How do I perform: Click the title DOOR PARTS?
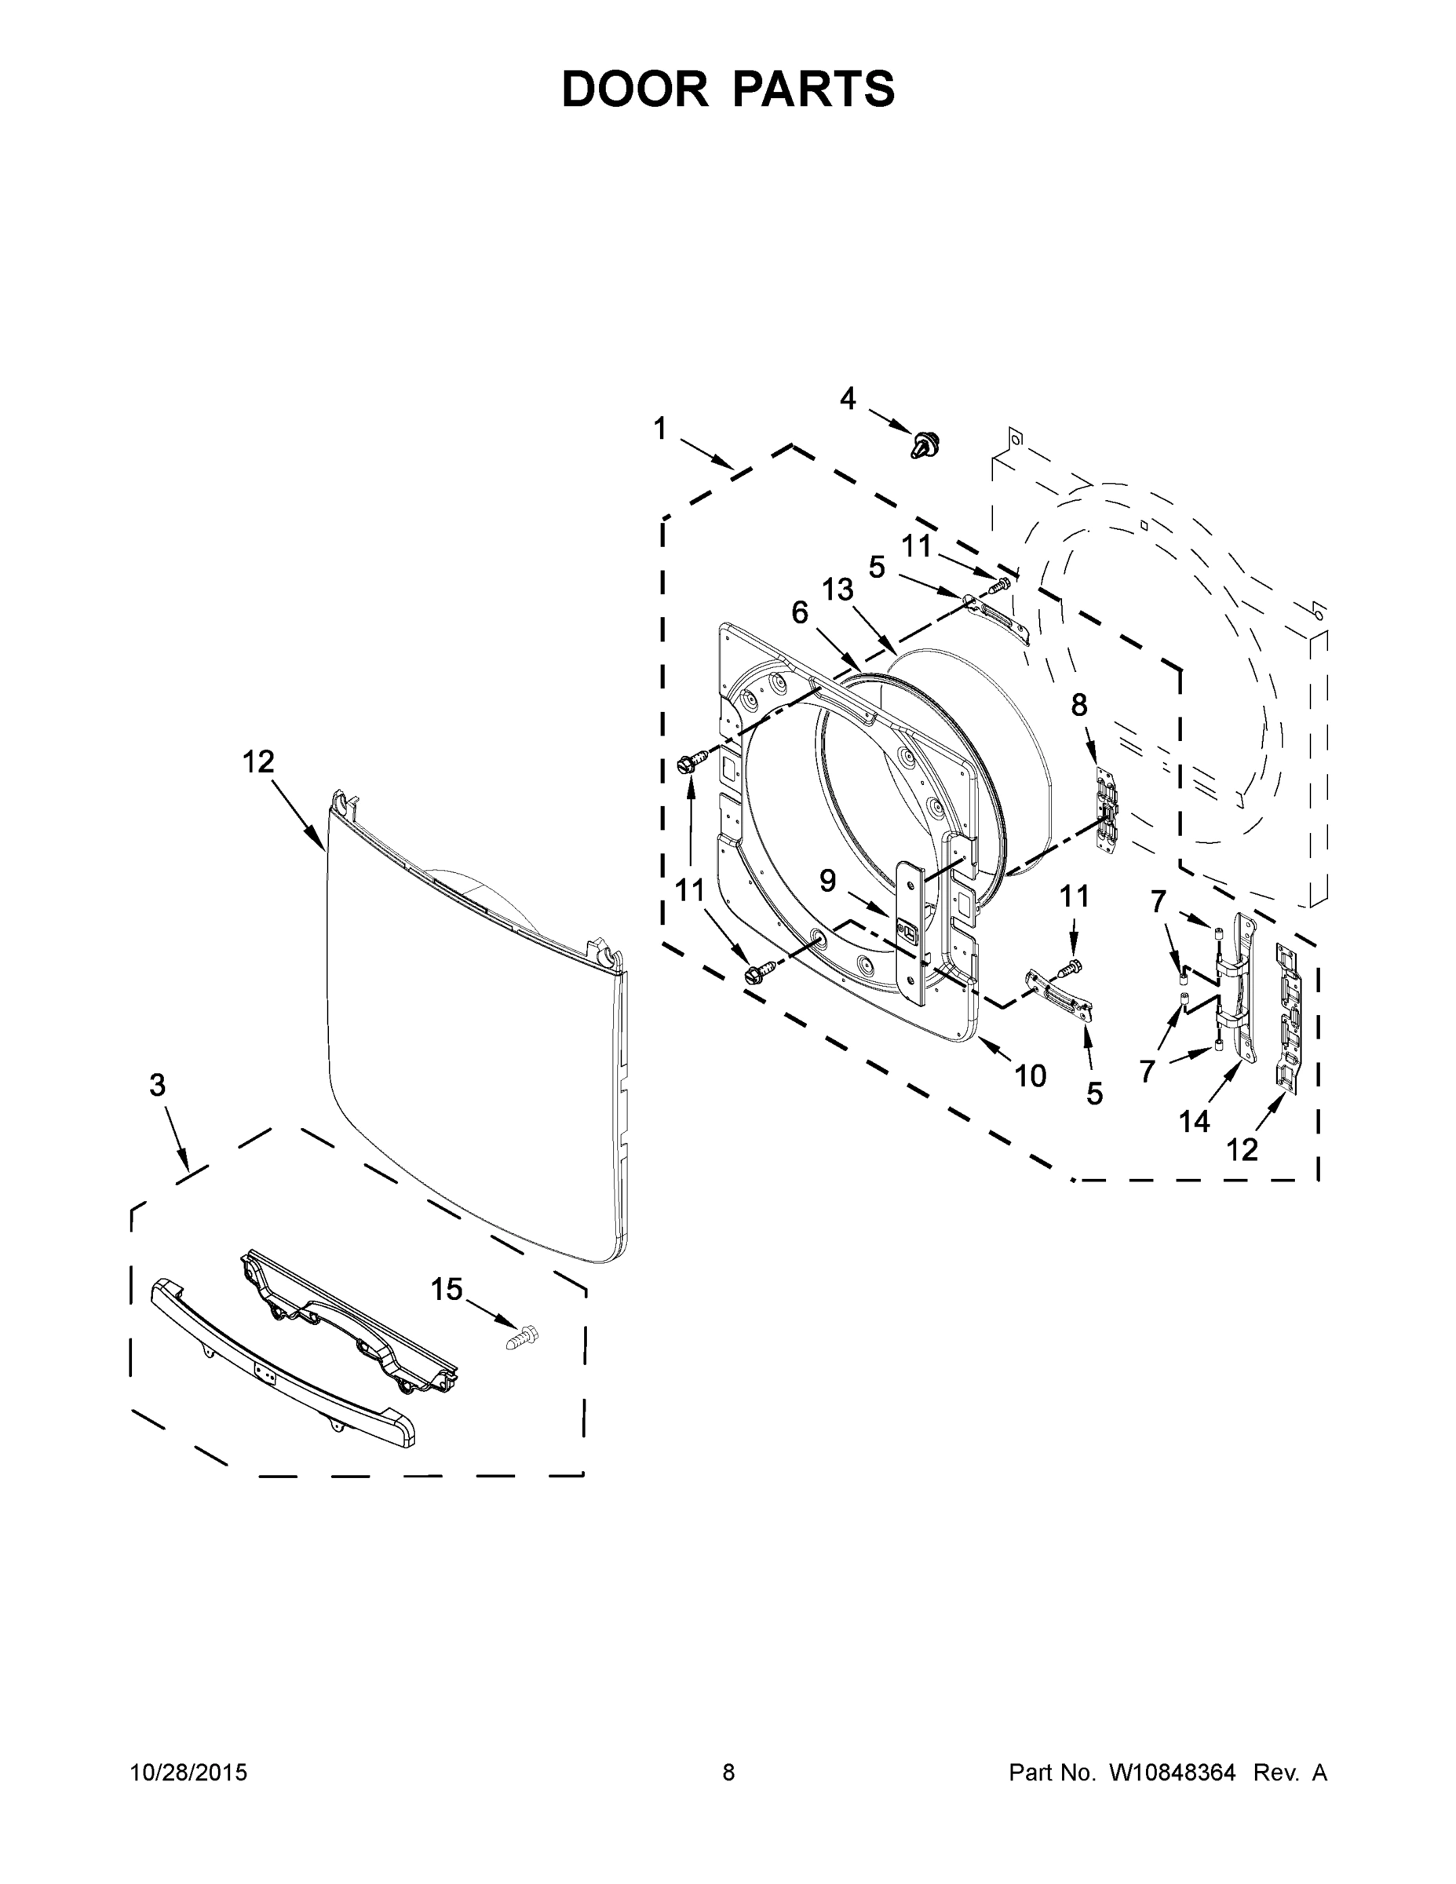(728, 88)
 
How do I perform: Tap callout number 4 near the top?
(848, 399)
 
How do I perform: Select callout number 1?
(660, 429)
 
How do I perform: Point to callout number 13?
(837, 590)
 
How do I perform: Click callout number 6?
(800, 612)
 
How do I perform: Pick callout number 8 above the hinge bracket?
(1079, 705)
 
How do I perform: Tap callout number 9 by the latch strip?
(827, 881)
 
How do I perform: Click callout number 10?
(1030, 1075)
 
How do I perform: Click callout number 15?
(447, 1289)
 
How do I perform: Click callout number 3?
(157, 1085)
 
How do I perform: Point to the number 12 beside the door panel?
(258, 761)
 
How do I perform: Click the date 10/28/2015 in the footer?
(189, 1772)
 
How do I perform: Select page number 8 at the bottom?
(728, 1772)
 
